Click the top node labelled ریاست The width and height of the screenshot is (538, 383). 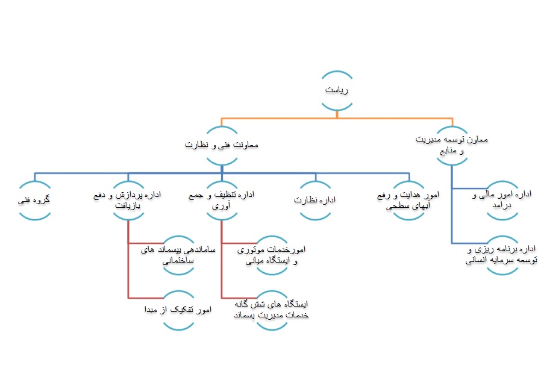[337, 90]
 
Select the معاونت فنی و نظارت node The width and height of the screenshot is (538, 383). [222, 145]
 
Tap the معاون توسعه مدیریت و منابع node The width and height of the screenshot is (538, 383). [452, 145]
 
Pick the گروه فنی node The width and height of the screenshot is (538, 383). [34, 200]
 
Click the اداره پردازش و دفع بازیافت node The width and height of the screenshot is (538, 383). [128, 200]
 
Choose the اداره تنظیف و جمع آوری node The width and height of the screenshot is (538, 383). [222, 200]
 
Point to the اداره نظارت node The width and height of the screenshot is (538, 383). [315, 200]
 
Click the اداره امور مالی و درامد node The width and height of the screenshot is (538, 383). [502, 200]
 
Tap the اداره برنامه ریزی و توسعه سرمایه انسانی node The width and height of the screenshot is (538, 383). [502, 255]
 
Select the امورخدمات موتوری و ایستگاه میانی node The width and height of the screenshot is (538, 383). [273, 255]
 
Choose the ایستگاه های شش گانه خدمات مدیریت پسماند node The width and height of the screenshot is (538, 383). [273, 310]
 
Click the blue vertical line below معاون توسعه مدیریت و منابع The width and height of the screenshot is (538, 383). [452, 211]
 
